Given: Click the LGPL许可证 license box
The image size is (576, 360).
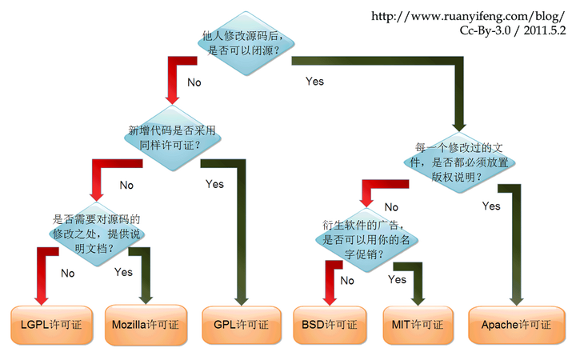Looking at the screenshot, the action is [x=51, y=325].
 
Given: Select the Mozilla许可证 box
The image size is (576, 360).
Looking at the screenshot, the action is [x=146, y=325].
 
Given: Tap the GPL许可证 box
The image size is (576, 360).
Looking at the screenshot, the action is [x=242, y=325].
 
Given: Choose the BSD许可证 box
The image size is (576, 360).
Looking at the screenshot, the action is [x=330, y=325].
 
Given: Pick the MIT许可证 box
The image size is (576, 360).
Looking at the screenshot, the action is [x=418, y=325].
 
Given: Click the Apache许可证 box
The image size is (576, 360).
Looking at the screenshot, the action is [x=517, y=325].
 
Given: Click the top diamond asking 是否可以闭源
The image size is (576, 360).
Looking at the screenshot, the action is [x=246, y=43].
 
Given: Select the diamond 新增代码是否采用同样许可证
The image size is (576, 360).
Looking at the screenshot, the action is [x=172, y=138].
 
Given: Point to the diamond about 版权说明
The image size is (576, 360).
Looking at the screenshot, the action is [x=459, y=162].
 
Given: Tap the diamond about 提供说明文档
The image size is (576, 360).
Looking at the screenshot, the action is [x=97, y=234].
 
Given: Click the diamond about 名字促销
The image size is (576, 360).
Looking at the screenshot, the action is [x=366, y=240].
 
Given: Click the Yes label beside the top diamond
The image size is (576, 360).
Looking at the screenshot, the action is [x=315, y=81].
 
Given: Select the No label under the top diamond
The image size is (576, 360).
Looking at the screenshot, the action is [x=194, y=82].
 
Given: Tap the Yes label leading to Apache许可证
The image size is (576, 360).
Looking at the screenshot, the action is [x=491, y=206].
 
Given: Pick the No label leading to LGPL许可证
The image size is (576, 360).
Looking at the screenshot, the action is [x=67, y=274].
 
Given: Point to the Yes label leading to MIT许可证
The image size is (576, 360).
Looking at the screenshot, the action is [x=397, y=279].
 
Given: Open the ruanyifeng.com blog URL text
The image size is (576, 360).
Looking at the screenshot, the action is [x=468, y=16].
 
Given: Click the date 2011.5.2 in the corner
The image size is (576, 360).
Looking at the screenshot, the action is [x=545, y=30].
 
